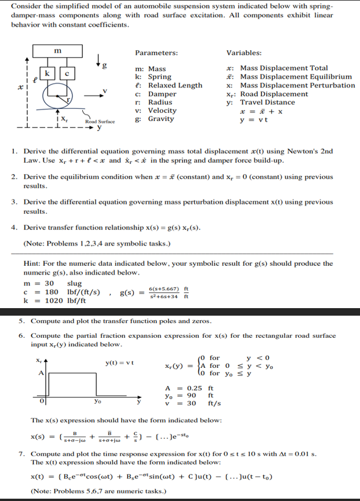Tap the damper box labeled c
point(67,74)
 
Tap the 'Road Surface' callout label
point(100,122)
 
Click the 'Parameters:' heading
point(156,53)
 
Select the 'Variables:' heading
point(243,53)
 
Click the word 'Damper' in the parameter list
point(162,94)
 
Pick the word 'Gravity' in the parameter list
point(161,119)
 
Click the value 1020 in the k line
point(54,301)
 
